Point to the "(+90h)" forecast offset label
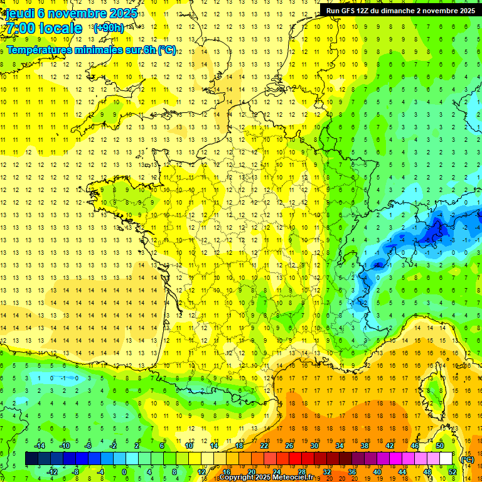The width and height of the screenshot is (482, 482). point(107,28)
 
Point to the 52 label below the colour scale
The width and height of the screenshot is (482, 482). point(452,471)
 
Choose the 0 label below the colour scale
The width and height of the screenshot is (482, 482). point(124,471)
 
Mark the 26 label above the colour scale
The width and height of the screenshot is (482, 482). point(289,446)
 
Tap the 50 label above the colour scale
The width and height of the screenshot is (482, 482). point(439,446)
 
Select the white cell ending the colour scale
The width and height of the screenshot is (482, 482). point(446,459)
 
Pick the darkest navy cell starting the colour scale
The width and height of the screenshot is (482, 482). point(31,459)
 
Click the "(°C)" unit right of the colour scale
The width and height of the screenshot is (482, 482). point(467,459)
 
